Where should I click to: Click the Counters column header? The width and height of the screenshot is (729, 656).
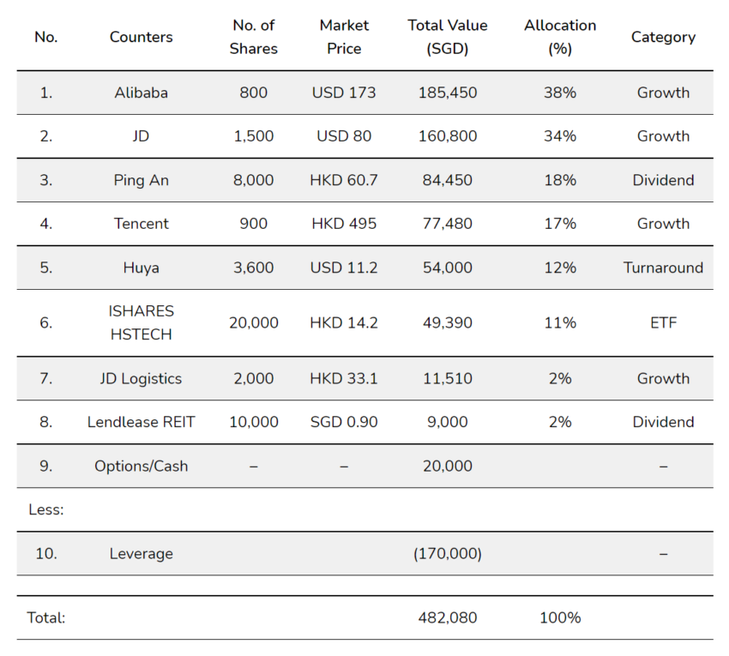click(141, 37)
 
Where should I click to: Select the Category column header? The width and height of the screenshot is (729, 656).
click(663, 38)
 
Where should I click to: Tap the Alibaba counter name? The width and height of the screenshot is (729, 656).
click(141, 93)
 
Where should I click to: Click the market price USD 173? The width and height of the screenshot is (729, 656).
click(344, 93)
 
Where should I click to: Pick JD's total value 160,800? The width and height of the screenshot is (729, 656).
click(447, 136)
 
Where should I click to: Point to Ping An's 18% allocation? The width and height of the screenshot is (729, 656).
click(560, 180)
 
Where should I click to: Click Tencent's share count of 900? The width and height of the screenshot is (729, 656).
click(253, 224)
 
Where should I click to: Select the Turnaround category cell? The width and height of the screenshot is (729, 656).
click(663, 268)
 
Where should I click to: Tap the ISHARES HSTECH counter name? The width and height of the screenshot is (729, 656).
click(141, 322)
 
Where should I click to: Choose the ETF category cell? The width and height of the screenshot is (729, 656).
click(663, 322)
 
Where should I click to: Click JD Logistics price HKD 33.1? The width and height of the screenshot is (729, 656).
click(344, 378)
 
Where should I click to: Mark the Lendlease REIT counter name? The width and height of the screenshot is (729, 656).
click(141, 422)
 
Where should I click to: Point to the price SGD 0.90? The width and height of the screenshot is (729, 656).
click(344, 422)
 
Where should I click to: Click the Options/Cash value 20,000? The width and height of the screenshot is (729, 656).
click(447, 466)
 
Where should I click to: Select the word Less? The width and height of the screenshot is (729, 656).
click(46, 509)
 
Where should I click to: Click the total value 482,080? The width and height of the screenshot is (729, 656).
click(447, 617)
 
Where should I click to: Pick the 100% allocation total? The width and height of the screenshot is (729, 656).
click(560, 617)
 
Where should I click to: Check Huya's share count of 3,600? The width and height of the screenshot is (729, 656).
click(253, 268)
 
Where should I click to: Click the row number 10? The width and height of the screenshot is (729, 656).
click(46, 553)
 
